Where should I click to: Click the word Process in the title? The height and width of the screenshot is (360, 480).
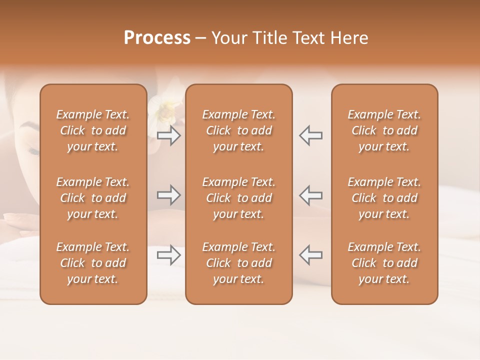tap(157, 38)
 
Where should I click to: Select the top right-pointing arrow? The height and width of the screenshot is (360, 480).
tap(168, 135)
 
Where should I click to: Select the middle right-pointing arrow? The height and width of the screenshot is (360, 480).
tap(168, 195)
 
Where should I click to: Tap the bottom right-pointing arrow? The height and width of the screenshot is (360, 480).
tap(168, 255)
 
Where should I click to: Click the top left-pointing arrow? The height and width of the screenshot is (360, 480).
tap(311, 135)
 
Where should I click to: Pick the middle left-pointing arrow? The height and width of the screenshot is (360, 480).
tap(311, 195)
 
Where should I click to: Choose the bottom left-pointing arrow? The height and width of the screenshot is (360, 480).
tap(311, 255)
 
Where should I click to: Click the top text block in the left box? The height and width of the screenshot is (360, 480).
tap(93, 130)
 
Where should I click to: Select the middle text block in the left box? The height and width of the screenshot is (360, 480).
tap(93, 198)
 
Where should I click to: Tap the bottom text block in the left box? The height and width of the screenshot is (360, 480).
tap(93, 263)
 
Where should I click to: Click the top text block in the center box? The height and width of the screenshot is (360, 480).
tap(239, 130)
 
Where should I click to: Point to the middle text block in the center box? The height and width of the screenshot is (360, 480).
tap(239, 198)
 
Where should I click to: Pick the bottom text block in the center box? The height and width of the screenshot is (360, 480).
tap(239, 263)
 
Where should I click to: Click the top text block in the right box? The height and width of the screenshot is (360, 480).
tap(384, 130)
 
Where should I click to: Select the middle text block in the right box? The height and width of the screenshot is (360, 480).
tap(384, 198)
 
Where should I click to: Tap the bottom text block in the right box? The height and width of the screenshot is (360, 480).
tap(384, 263)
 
